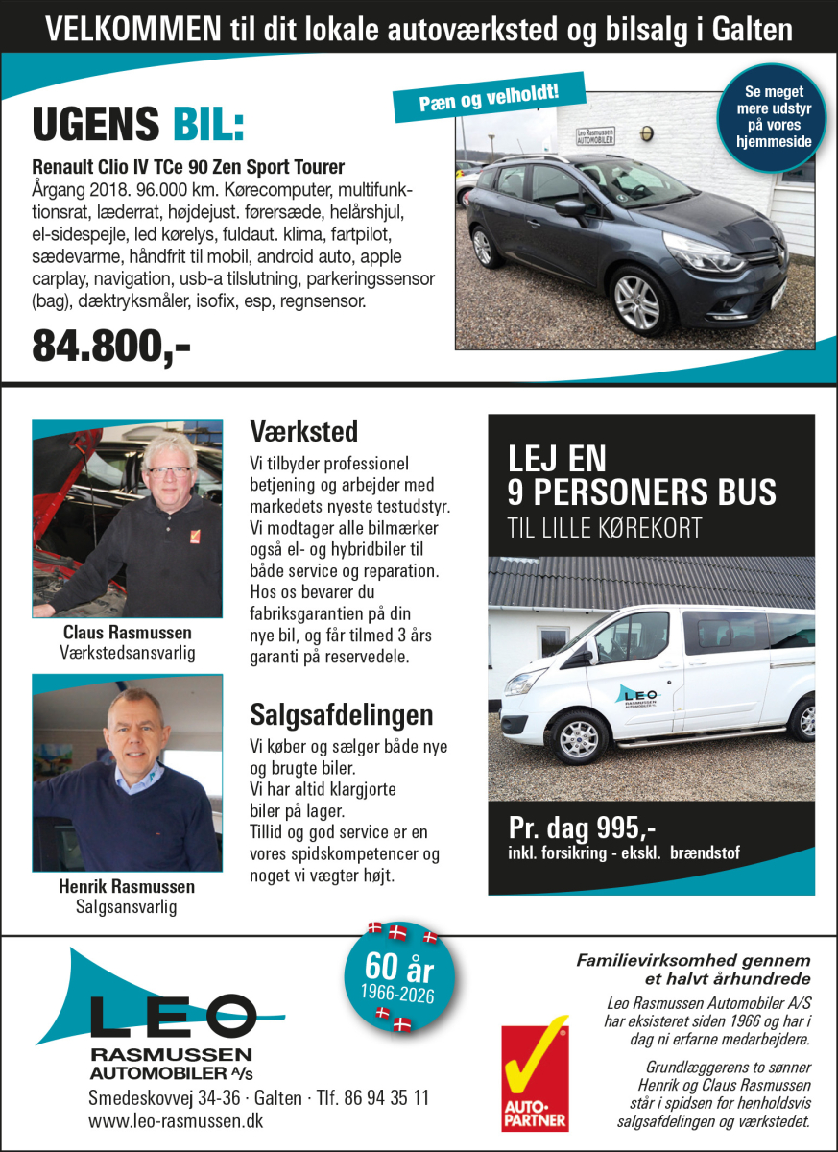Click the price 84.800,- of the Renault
click(x=111, y=347)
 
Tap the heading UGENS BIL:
click(x=138, y=126)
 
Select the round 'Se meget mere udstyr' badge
click(x=778, y=117)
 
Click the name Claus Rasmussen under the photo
click(x=127, y=633)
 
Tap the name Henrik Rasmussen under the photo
click(x=127, y=886)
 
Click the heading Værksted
click(x=303, y=429)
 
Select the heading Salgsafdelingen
click(x=341, y=715)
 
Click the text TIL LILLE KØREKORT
click(x=604, y=528)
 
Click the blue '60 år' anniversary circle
click(x=399, y=975)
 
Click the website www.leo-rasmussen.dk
click(x=176, y=1120)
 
